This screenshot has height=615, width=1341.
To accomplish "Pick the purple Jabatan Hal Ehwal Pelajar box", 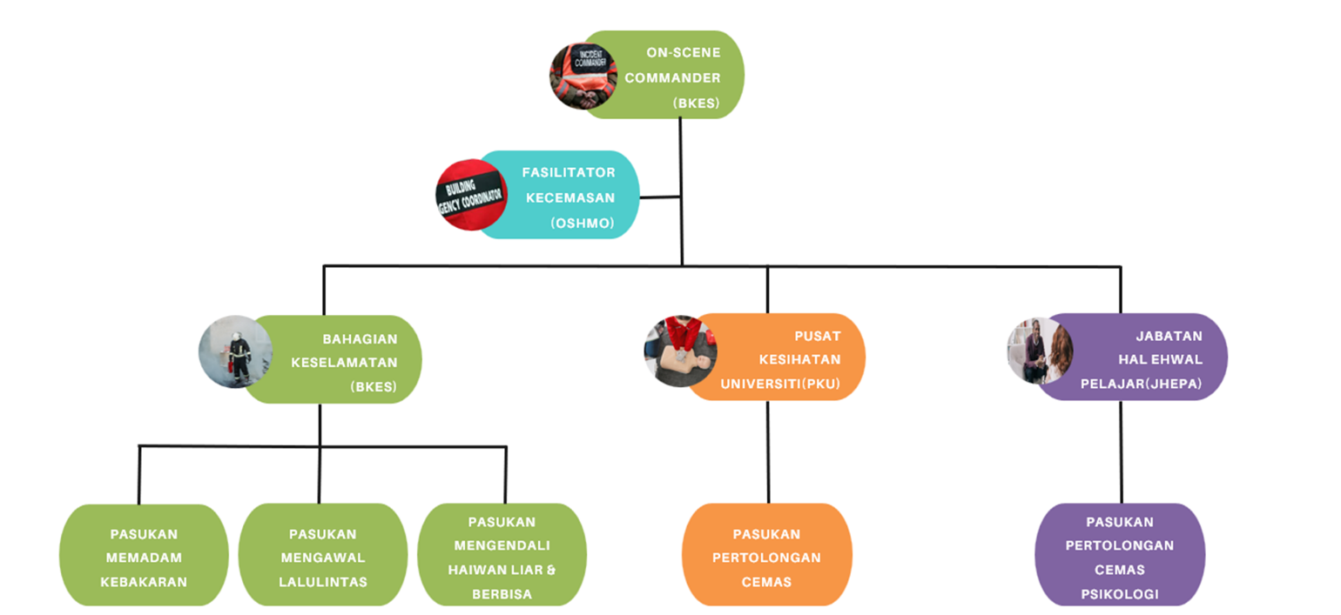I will (1141, 358).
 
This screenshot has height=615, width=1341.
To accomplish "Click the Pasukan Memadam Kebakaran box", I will (144, 557).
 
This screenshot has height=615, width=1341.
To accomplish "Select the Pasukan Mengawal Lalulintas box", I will (322, 557).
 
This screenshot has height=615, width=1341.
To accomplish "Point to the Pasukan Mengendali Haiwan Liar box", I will (502, 557).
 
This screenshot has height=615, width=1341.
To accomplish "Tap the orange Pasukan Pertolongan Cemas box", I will (766, 557).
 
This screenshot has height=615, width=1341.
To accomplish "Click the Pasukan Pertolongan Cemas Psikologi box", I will (1120, 557).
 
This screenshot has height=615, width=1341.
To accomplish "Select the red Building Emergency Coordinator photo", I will (470, 195).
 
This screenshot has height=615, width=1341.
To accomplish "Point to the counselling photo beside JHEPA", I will (1039, 351).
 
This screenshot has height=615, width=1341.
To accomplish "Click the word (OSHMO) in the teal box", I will (582, 224).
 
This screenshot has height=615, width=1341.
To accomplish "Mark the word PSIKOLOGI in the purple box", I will (1120, 594).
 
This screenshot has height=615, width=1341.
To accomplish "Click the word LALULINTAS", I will (323, 582).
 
